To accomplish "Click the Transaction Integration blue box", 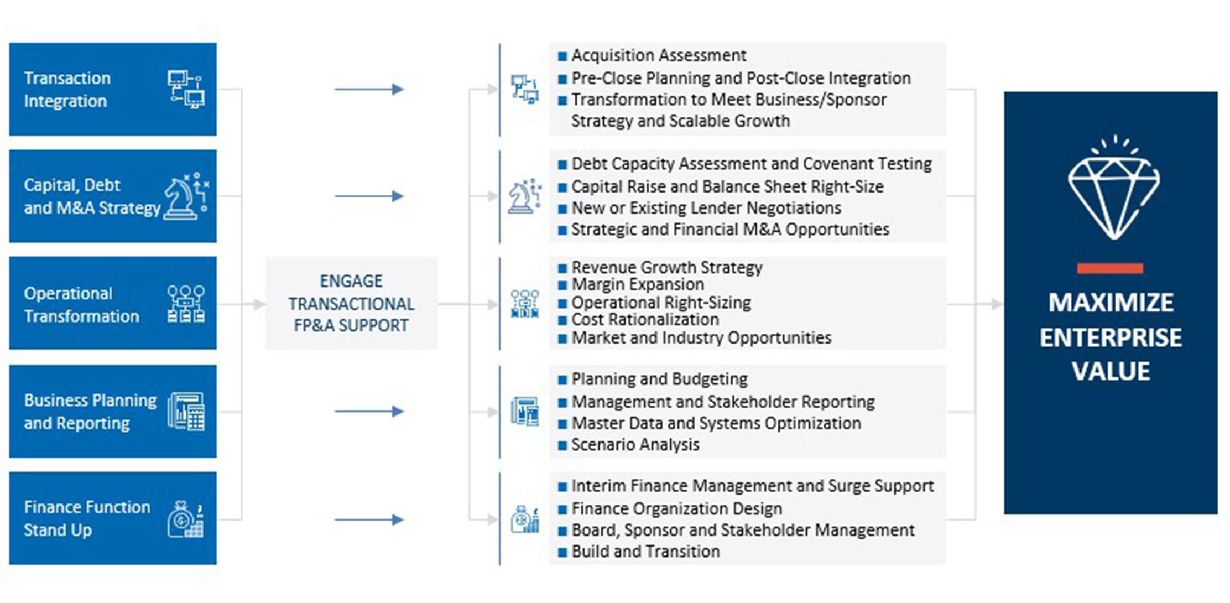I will [112, 89].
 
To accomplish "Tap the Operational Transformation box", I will [112, 303].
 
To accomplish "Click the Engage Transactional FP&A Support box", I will [351, 303].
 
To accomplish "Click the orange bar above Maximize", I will [1109, 269].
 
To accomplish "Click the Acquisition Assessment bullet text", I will [658, 55].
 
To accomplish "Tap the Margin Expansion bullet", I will [637, 284].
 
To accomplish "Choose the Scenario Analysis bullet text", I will [635, 445].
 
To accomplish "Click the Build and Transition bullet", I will [645, 552].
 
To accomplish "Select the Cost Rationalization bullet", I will [645, 320].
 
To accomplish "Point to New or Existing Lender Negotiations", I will [706, 208].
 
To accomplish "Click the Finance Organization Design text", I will [676, 508].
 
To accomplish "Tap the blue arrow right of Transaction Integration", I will [369, 89].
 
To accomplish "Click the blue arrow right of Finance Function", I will [369, 519].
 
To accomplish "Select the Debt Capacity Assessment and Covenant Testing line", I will [751, 164].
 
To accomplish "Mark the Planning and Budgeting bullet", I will [659, 379].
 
